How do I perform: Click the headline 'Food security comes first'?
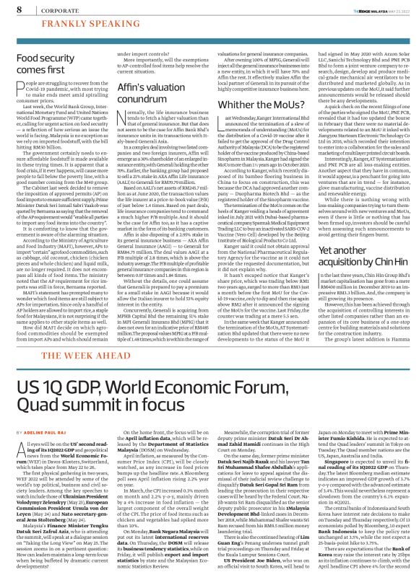point(37,65)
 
